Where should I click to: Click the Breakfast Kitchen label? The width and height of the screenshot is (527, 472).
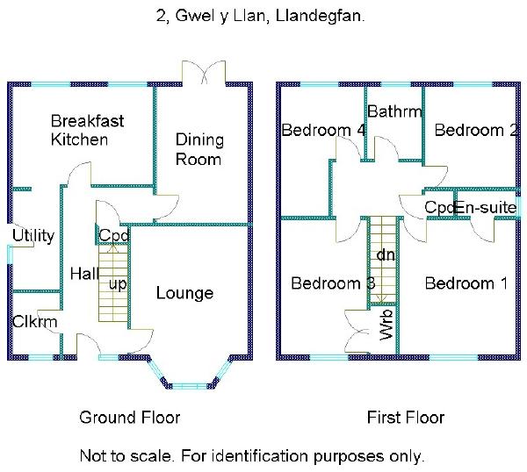point(79,130)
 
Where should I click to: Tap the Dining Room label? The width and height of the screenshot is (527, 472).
point(199,149)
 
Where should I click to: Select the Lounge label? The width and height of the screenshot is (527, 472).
point(184,292)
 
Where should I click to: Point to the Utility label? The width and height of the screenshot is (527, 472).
point(33,235)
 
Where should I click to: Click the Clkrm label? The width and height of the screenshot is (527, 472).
point(35,322)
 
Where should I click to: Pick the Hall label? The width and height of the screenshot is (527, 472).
point(84,274)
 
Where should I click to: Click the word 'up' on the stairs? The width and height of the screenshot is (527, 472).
point(117,284)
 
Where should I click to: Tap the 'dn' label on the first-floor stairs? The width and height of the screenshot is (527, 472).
point(385,255)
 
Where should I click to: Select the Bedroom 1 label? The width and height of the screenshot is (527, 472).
point(466,283)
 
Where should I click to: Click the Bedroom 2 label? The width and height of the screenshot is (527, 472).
point(475,131)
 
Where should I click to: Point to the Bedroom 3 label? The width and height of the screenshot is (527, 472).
point(333,283)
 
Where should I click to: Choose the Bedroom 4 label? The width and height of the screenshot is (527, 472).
point(323,131)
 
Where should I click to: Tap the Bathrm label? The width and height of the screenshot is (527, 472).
point(394,111)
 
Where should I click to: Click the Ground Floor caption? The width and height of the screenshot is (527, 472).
point(129,417)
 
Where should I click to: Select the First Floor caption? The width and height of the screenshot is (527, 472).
point(405,417)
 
